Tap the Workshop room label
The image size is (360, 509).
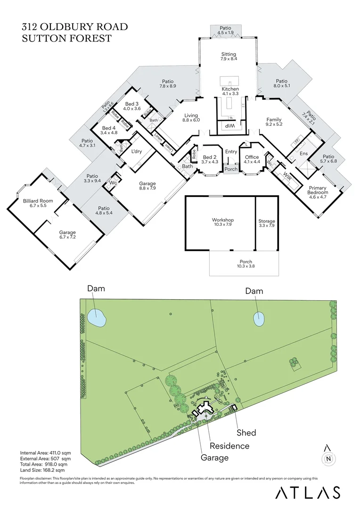pyautogui.click(x=223, y=220)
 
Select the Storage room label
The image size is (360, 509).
pyautogui.click(x=266, y=221)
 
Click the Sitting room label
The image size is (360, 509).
pyautogui.click(x=229, y=54)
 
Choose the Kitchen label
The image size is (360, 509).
pyautogui.click(x=230, y=89)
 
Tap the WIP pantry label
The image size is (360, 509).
pyautogui.click(x=229, y=126)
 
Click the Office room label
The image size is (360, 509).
pyautogui.click(x=252, y=157)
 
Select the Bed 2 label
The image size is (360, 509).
pyautogui.click(x=210, y=157)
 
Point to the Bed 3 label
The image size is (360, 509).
pyautogui.click(x=131, y=104)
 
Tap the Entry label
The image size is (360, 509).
pyautogui.click(x=231, y=151)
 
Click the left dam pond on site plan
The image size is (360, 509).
pyautogui.click(x=97, y=317)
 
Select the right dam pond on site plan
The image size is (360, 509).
pyautogui.click(x=259, y=319)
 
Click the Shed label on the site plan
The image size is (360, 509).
pyautogui.click(x=246, y=433)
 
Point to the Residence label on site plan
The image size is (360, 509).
pyautogui.click(x=229, y=445)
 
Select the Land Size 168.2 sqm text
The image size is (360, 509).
pyautogui.click(x=42, y=470)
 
